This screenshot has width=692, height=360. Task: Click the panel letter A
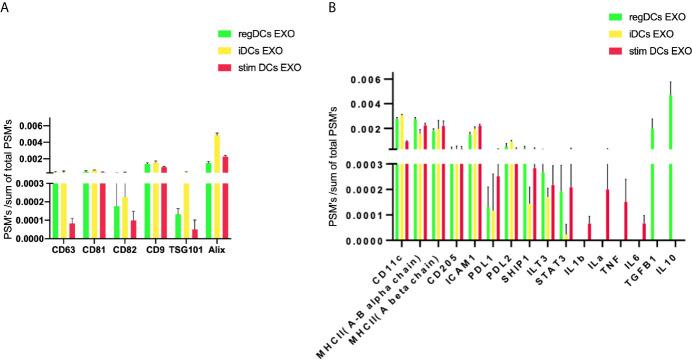pos(8,9)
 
